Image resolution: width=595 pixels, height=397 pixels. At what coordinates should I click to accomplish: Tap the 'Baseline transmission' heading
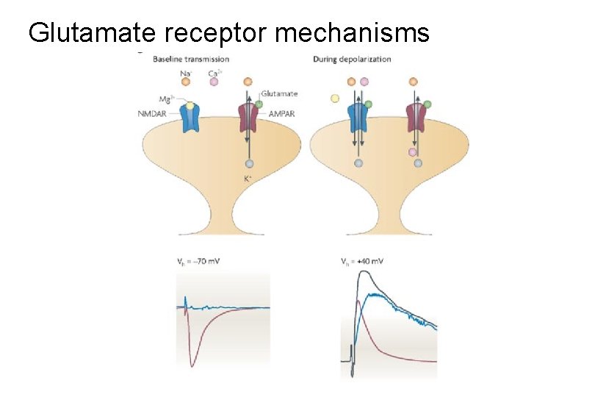[191, 59]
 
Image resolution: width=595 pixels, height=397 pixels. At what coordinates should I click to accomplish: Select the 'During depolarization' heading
[352, 59]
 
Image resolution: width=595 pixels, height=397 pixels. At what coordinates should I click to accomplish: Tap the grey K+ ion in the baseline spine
[249, 163]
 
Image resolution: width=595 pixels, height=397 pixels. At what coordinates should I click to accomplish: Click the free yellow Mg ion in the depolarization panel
[335, 98]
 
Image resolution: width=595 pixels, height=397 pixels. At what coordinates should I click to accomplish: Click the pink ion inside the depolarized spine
[414, 152]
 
